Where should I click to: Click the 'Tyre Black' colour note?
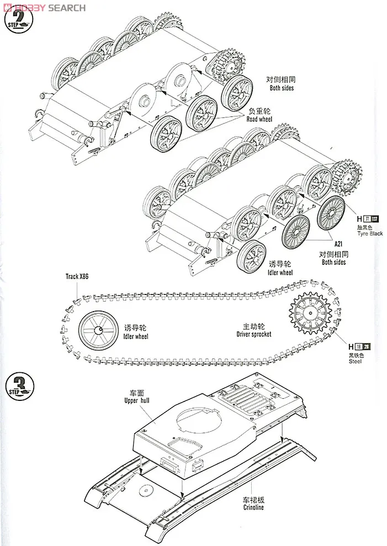[369, 233]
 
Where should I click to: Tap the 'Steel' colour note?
[356, 361]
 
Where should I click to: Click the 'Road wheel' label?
[259, 119]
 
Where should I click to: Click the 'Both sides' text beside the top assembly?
[282, 88]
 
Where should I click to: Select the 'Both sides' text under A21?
[333, 262]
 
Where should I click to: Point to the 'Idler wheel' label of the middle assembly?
[280, 272]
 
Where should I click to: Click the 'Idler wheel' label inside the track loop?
[136, 336]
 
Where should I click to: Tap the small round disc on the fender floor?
[146, 490]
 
